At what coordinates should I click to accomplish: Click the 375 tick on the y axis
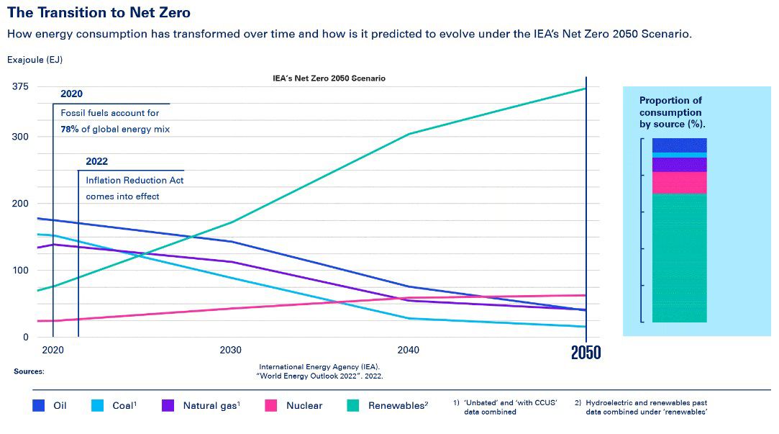coord(19,87)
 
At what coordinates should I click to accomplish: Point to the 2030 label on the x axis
coord(230,350)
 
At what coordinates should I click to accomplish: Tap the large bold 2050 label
coord(586,353)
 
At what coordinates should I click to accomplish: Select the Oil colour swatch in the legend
coord(40,406)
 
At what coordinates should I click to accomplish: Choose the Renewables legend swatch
coord(354,406)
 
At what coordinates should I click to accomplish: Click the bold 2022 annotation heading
coord(96,162)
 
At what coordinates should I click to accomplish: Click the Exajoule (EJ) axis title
coord(29,60)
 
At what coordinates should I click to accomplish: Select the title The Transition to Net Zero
coord(99,13)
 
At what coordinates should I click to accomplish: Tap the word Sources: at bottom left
coord(29,371)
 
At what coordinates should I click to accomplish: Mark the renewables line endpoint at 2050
coord(586,89)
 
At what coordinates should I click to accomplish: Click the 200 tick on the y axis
coord(19,204)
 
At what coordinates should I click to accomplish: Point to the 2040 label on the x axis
coord(408,350)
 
